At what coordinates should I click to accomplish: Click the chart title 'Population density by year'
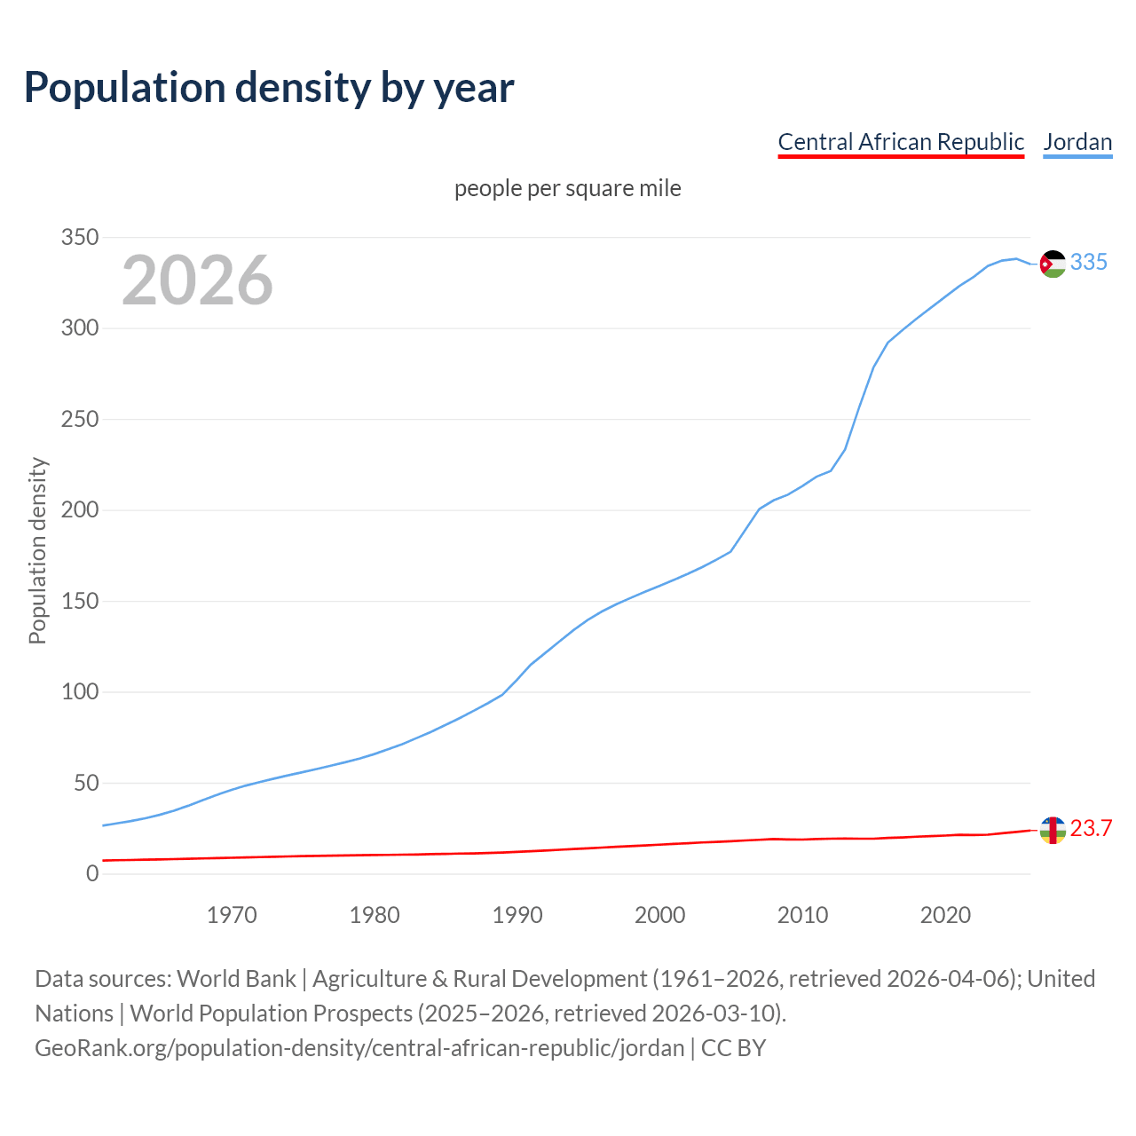click(268, 87)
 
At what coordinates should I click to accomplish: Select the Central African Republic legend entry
click(901, 142)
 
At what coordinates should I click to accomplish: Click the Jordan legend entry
click(1077, 142)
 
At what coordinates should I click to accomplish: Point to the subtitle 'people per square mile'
click(567, 188)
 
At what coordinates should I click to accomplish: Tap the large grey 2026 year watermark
click(197, 280)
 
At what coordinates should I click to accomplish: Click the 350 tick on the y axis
click(79, 237)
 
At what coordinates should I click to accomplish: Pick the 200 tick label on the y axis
click(79, 510)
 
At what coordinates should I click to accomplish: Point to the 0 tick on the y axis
click(92, 874)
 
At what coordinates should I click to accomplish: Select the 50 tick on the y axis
click(85, 783)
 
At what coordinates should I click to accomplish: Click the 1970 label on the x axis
click(232, 915)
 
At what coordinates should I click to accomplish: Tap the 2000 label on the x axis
click(659, 915)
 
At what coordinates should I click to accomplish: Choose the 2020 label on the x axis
click(945, 915)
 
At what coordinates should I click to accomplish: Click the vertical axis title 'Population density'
click(37, 550)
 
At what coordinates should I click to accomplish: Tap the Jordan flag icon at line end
click(1053, 264)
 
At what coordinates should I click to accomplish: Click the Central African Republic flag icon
click(1053, 830)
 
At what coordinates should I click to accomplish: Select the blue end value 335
click(1089, 262)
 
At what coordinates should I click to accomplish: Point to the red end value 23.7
click(1091, 828)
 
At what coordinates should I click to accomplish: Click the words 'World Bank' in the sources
click(236, 979)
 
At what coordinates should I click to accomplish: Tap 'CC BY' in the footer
click(733, 1048)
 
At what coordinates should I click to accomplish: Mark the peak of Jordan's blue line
click(1016, 258)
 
